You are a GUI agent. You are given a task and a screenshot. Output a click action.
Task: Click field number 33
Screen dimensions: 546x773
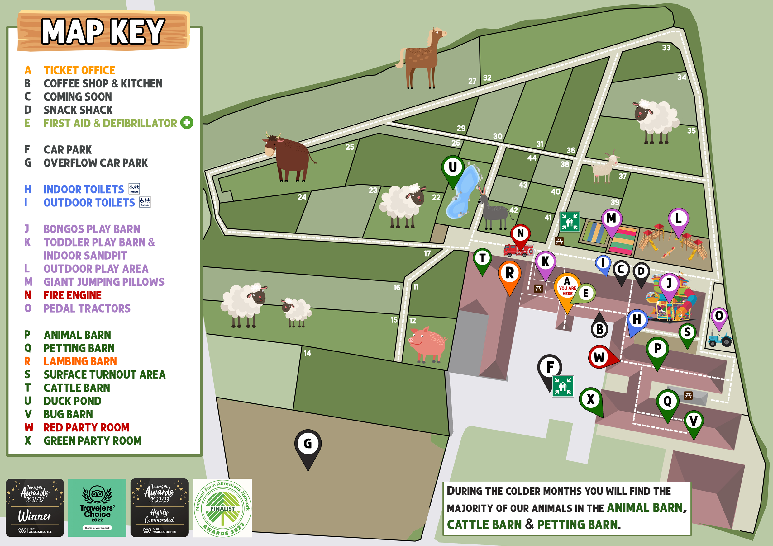point(666,48)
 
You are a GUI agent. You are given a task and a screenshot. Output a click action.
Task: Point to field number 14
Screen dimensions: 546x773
point(307,353)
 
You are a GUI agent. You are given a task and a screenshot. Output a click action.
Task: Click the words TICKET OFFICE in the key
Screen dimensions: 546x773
point(79,70)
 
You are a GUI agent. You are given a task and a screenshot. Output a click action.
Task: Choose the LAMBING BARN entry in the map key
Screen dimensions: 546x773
point(80,361)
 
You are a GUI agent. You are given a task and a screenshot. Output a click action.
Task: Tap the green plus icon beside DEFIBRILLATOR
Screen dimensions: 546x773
point(187,123)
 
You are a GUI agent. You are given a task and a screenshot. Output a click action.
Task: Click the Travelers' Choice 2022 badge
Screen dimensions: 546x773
point(97,507)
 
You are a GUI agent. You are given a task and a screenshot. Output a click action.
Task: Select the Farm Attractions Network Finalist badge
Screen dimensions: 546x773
point(222,508)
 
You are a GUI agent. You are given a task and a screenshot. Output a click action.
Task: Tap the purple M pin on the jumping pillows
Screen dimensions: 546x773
point(611,219)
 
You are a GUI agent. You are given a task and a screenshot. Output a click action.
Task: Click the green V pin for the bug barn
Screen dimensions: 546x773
point(693,422)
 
